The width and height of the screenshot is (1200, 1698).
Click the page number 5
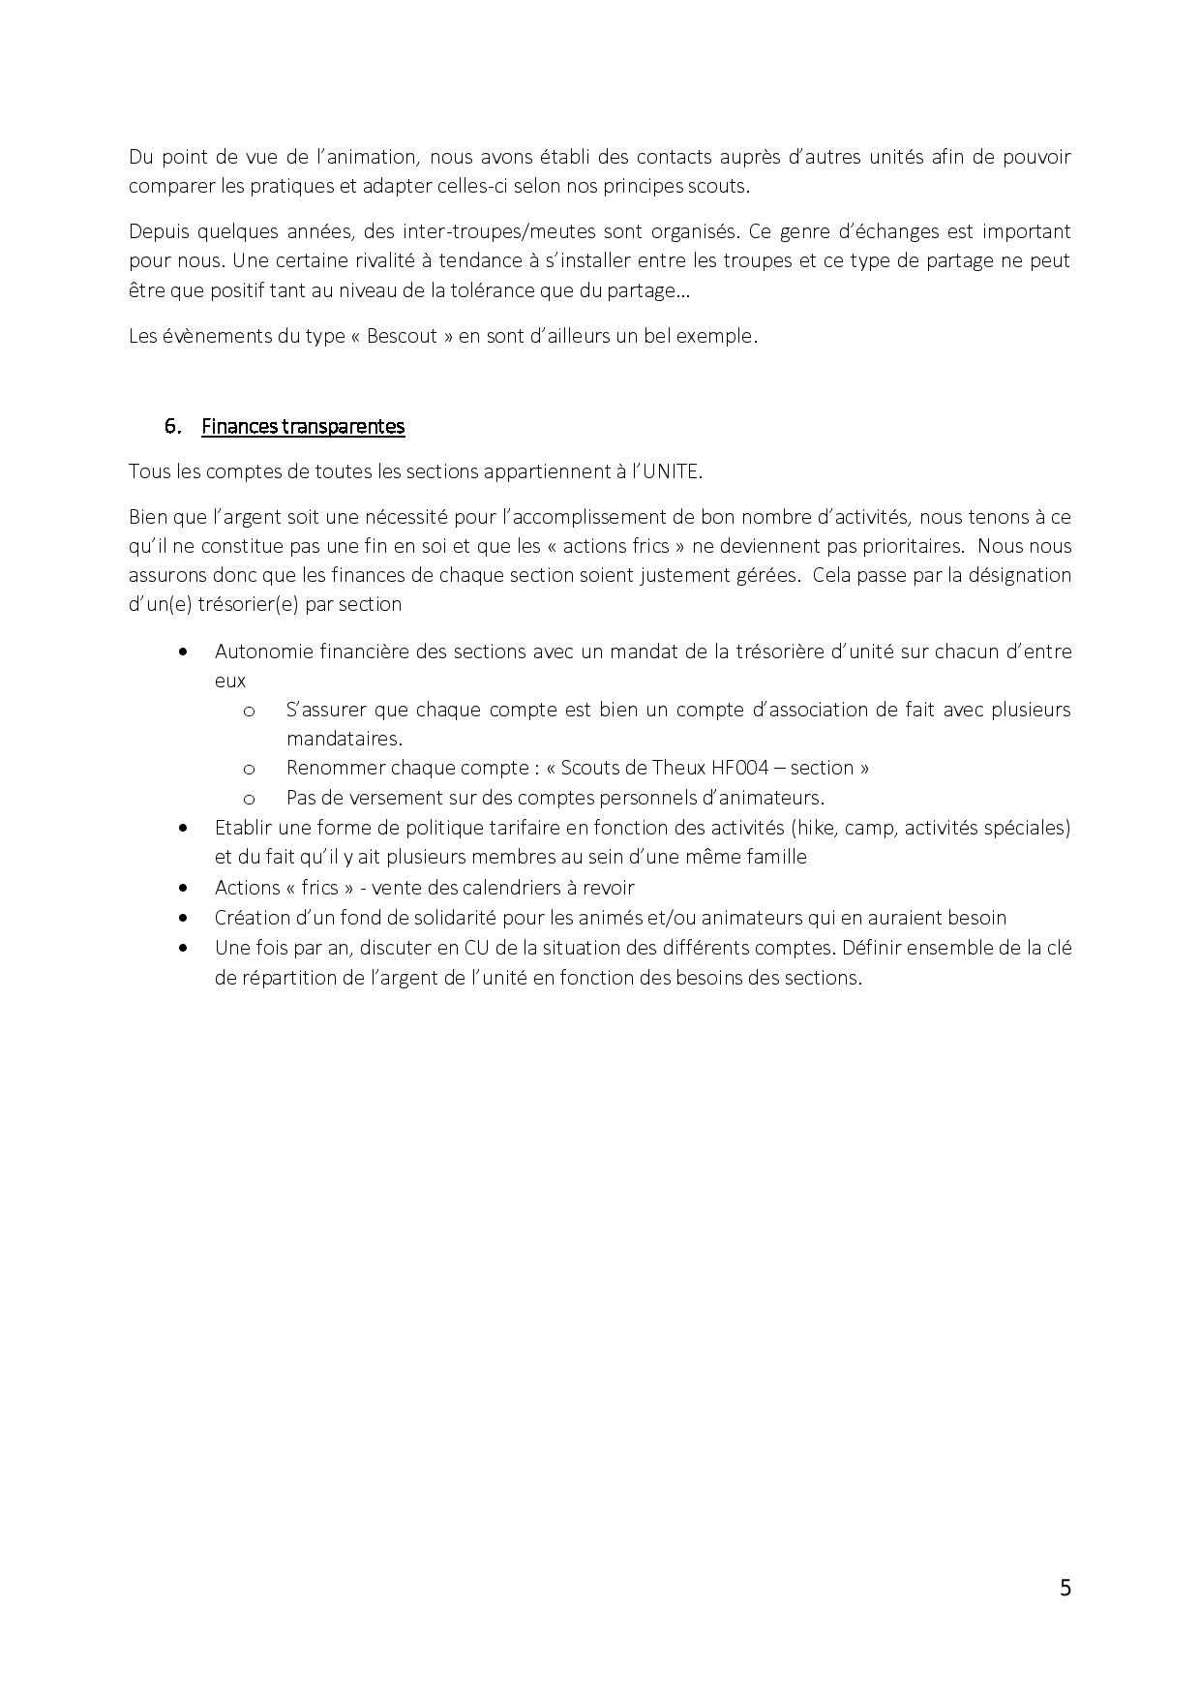pos(1065,1588)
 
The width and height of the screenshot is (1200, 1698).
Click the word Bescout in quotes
pos(403,337)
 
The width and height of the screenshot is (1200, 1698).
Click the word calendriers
pos(518,888)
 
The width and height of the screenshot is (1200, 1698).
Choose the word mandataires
pos(343,739)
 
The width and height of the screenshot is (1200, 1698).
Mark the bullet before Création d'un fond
pos(184,918)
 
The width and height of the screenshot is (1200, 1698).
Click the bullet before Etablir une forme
pos(184,828)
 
